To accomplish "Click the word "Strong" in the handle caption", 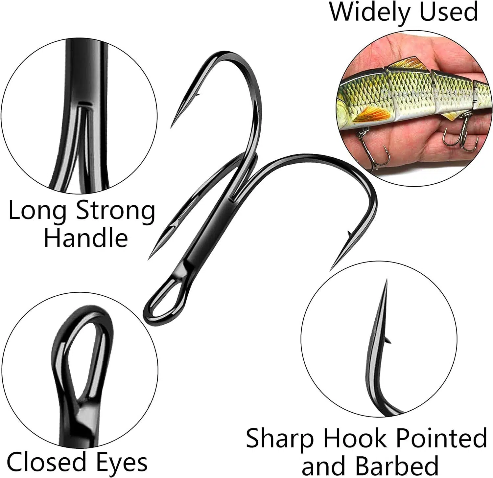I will click(x=115, y=212).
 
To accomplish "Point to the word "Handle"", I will click(x=85, y=238).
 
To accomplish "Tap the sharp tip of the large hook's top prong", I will click(x=172, y=127).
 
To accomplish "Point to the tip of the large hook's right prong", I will click(x=331, y=269).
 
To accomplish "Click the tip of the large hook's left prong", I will click(x=150, y=258).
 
